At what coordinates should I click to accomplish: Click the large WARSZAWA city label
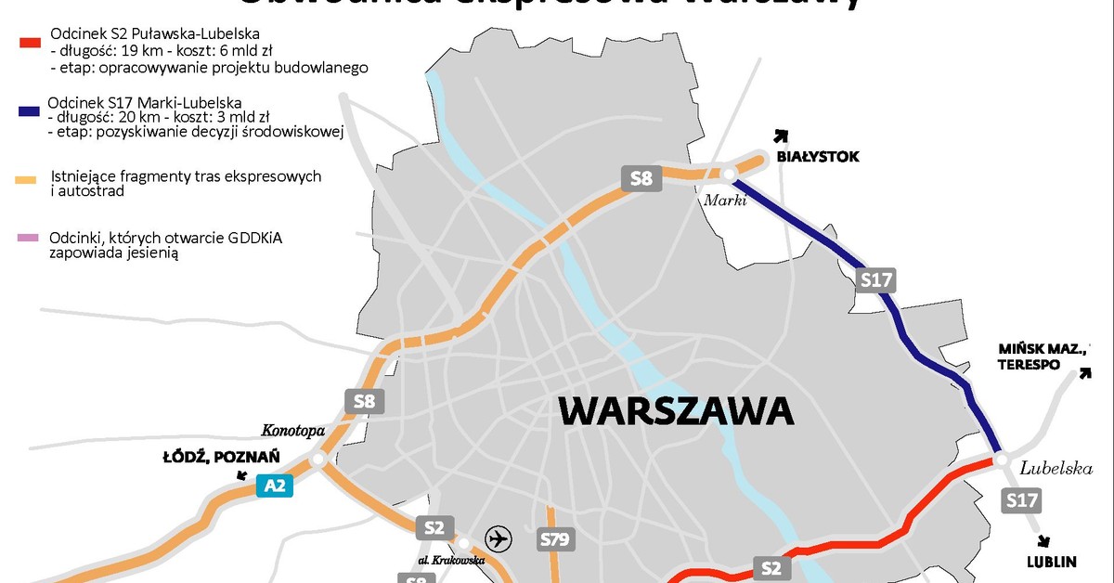676,409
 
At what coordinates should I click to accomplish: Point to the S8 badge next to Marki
641,177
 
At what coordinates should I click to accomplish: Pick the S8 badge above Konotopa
365,402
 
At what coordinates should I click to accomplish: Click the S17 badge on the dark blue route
876,279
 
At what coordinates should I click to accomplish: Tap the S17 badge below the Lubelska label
1022,500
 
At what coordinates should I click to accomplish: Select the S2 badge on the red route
771,567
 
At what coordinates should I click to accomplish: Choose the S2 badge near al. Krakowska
434,526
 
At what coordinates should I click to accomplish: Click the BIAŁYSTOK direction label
818,157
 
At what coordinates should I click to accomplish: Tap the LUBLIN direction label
1051,562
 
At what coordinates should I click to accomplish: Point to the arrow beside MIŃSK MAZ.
1082,373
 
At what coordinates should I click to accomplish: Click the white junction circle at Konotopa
318,460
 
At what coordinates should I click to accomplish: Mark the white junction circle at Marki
730,174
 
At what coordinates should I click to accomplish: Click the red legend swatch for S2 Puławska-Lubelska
29,41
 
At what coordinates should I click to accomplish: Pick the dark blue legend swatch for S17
29,111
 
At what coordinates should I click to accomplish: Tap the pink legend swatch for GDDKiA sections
29,239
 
